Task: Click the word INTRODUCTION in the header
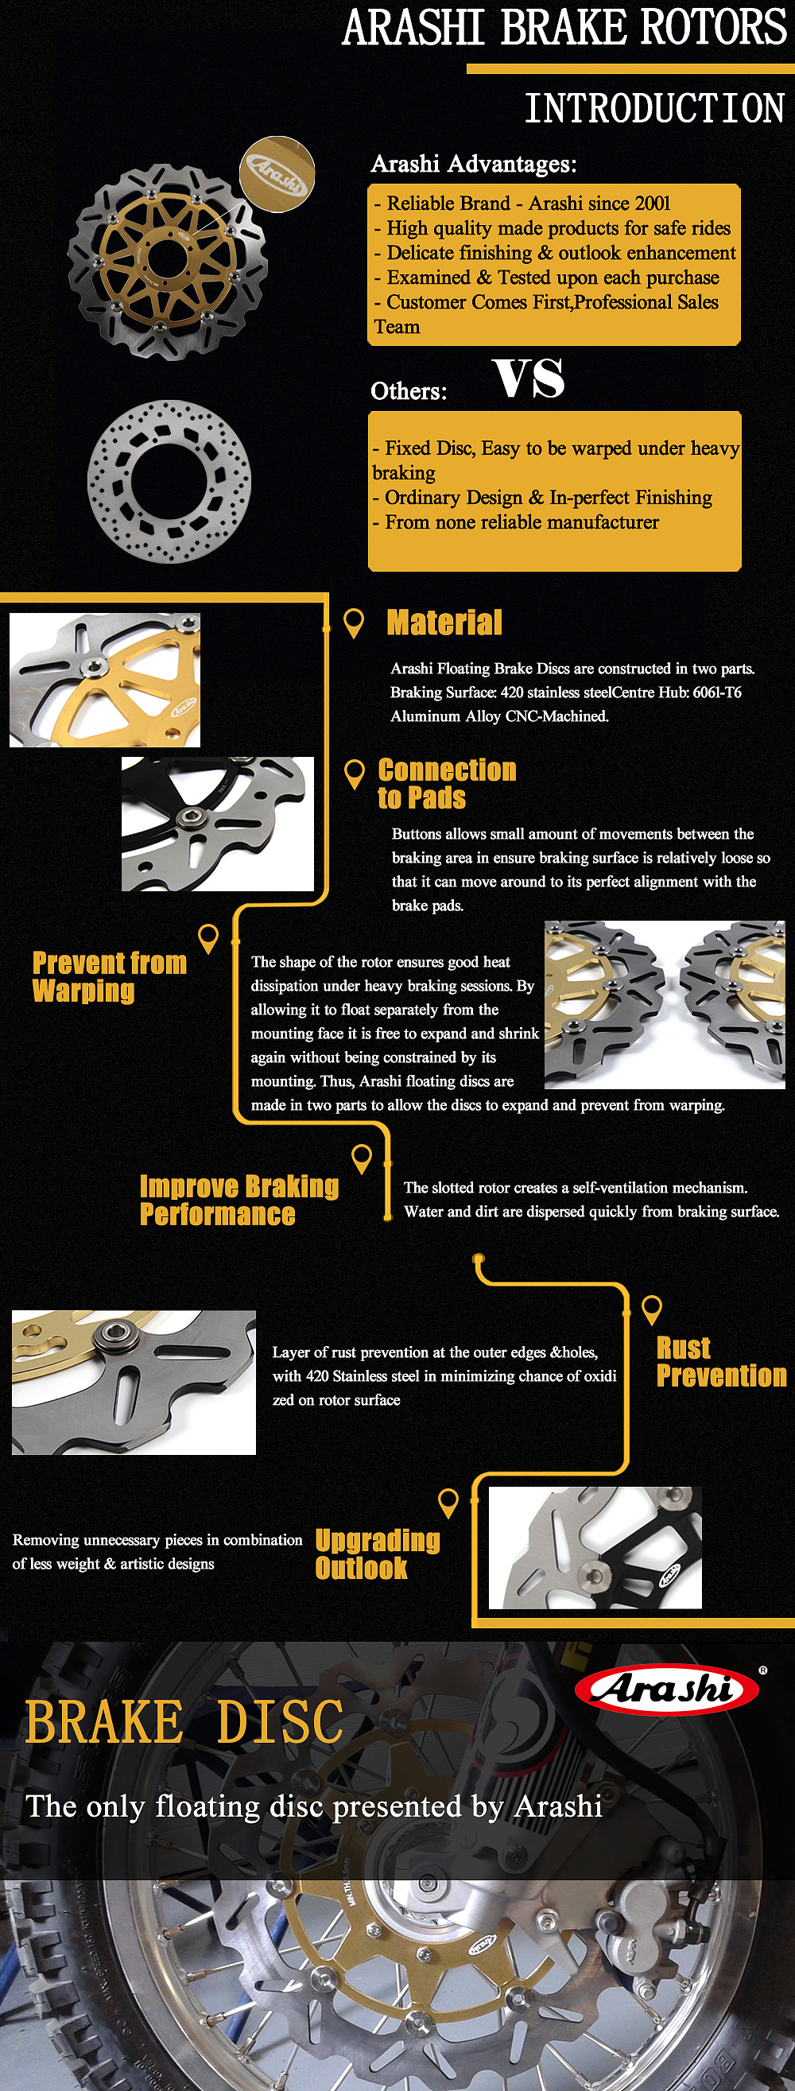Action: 653,108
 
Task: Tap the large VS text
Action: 528,378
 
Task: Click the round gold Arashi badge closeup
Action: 277,172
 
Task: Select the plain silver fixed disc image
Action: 169,480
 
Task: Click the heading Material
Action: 444,623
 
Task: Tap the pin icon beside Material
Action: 353,623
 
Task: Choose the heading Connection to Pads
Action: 446,783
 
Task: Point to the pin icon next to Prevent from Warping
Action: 209,937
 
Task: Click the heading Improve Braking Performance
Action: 238,1200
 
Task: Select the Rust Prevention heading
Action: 720,1361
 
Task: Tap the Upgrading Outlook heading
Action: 377,1553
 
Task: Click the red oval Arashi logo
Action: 666,1689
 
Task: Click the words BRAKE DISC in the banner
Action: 184,1722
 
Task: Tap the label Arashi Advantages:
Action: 474,164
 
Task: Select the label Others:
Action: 409,391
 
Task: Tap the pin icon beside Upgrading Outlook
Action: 448,1502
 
